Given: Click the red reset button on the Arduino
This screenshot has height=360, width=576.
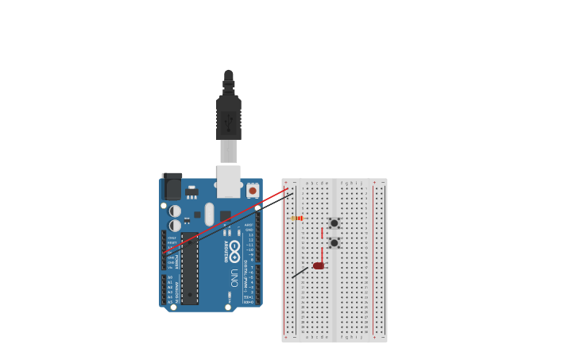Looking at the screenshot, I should pos(253,191).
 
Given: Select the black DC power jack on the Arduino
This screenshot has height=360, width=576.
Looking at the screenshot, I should pos(172,188).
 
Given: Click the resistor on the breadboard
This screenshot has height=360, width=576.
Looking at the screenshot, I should pos(297,218).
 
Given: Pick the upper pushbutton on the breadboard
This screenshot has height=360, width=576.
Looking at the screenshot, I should pos(334,223).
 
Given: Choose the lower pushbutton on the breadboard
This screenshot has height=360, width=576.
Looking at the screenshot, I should pos(334,242).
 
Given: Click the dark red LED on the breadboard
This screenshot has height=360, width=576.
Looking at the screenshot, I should pos(319,265).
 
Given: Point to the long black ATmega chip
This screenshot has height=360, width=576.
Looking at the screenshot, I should pos(190,268).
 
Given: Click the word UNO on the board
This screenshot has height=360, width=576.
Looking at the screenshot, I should pos(234,278).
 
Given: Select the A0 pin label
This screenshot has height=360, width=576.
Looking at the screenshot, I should pos(170,277).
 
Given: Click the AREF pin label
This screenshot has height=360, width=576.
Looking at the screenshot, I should pos(249,225).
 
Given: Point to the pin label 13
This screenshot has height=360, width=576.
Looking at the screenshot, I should pos(250,234).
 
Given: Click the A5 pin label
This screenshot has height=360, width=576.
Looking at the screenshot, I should pos(170,302).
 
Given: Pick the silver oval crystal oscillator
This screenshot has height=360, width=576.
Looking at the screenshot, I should pos(209,214).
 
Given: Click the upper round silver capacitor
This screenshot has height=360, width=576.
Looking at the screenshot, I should pos(175,211).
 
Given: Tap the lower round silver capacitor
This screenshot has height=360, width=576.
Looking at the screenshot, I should pos(175,226).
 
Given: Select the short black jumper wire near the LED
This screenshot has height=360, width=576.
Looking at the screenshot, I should pos(300,273).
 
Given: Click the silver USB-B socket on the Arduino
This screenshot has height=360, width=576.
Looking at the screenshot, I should pos(229,181).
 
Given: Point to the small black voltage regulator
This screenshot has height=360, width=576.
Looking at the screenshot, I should pos(191,192).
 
